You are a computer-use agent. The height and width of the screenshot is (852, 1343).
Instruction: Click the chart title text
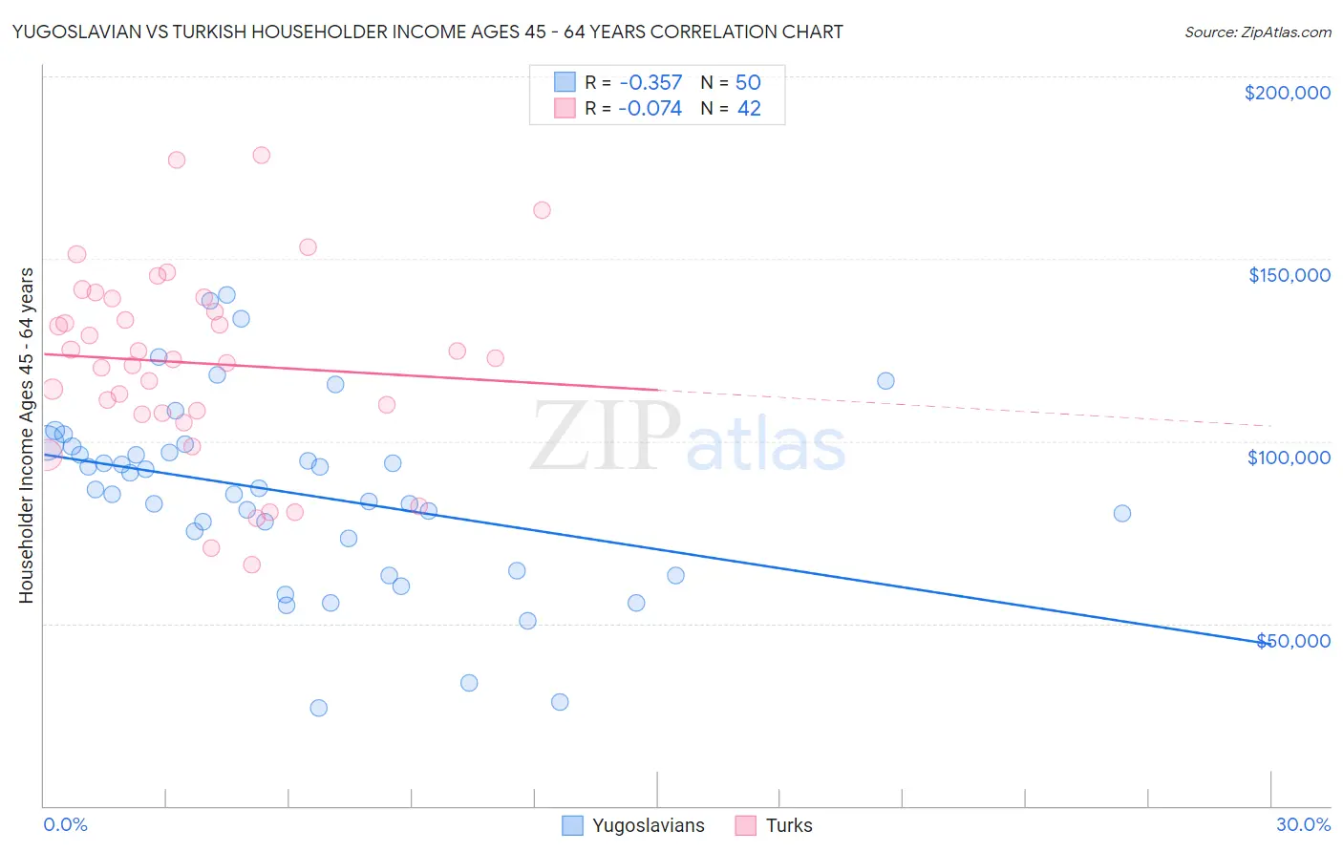[x=427, y=32]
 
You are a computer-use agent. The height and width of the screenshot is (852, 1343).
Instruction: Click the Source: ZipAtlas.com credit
[x=1257, y=32]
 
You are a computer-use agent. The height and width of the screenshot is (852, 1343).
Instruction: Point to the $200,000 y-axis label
[x=1287, y=93]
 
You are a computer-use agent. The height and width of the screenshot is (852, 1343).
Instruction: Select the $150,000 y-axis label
[x=1289, y=275]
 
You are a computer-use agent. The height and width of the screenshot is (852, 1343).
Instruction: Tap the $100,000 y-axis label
[x=1289, y=458]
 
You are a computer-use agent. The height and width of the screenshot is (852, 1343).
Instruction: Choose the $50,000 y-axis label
[x=1292, y=641]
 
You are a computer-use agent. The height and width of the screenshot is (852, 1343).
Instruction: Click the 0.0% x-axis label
[x=65, y=824]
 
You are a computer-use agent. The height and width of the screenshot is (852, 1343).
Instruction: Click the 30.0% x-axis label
[x=1303, y=824]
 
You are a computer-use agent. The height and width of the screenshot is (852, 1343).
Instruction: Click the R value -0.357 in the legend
[x=650, y=82]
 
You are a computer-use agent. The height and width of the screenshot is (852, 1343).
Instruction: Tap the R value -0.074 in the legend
[x=650, y=109]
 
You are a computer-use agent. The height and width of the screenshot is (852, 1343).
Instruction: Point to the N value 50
[x=748, y=82]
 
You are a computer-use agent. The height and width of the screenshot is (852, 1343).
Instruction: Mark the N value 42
[x=749, y=109]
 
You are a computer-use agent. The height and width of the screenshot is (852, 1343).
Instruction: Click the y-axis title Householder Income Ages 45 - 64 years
[x=27, y=436]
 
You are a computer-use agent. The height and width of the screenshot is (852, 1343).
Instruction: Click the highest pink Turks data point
[x=261, y=155]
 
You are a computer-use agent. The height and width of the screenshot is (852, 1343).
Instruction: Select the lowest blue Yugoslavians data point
[x=318, y=708]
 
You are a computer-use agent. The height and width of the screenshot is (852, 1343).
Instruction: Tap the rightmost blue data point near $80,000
[x=1122, y=513]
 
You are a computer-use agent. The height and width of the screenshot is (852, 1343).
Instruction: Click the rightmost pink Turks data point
[x=542, y=210]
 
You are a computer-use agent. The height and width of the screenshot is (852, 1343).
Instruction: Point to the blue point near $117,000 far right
[x=885, y=381]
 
